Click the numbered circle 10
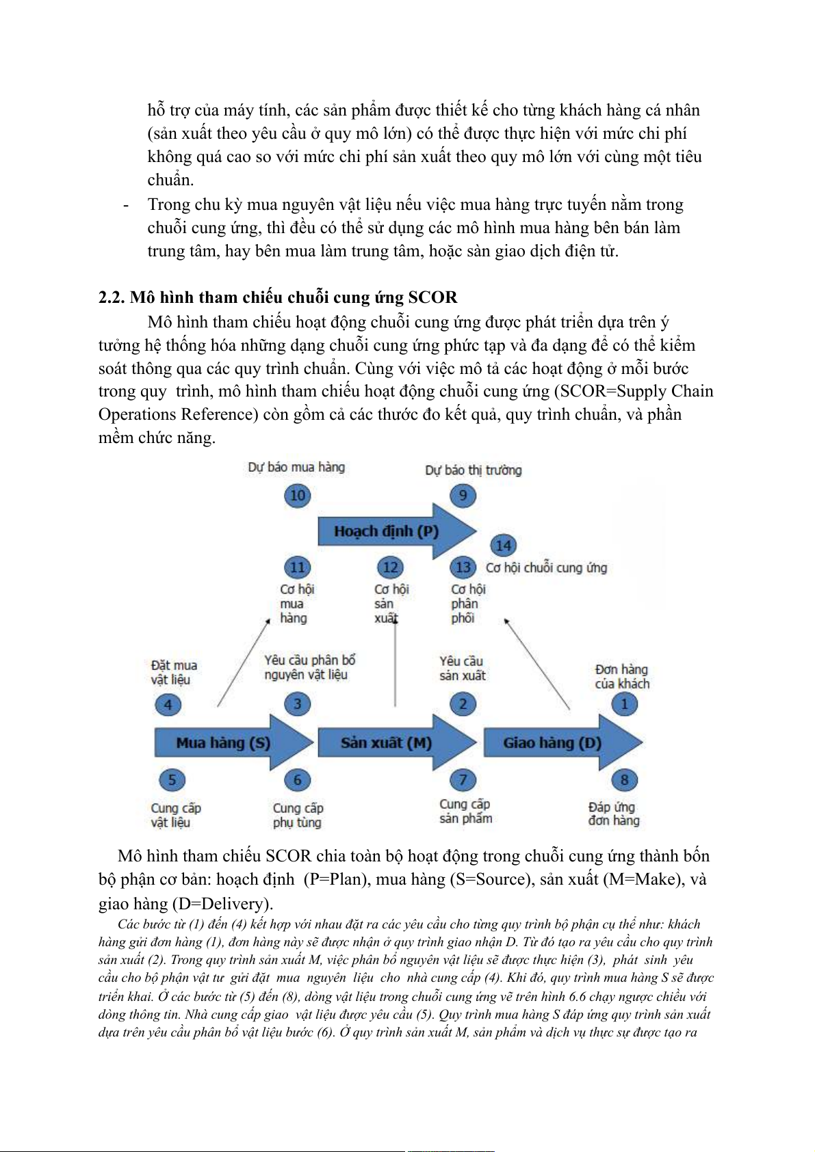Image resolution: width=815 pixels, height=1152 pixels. click(297, 495)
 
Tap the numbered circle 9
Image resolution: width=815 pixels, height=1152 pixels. click(463, 495)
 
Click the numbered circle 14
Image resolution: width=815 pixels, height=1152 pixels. click(503, 546)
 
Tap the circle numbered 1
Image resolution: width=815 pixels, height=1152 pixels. click(624, 704)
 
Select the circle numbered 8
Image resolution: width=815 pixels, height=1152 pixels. click(624, 779)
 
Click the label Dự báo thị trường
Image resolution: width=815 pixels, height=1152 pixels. click(473, 470)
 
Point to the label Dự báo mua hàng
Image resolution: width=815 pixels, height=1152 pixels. click(296, 467)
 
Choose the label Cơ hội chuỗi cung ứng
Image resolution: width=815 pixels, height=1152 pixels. click(546, 567)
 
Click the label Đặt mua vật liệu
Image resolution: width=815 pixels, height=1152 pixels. click(174, 672)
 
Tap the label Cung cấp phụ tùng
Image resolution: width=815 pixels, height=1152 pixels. click(298, 815)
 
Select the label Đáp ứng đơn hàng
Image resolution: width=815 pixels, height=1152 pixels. click(613, 814)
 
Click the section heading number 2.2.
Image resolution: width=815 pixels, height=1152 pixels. click(111, 297)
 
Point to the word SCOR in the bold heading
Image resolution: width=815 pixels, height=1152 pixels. click(432, 297)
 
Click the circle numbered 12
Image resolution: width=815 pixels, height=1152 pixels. click(390, 567)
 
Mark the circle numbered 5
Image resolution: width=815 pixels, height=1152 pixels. click(172, 779)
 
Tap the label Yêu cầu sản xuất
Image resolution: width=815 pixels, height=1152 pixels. click(462, 668)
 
